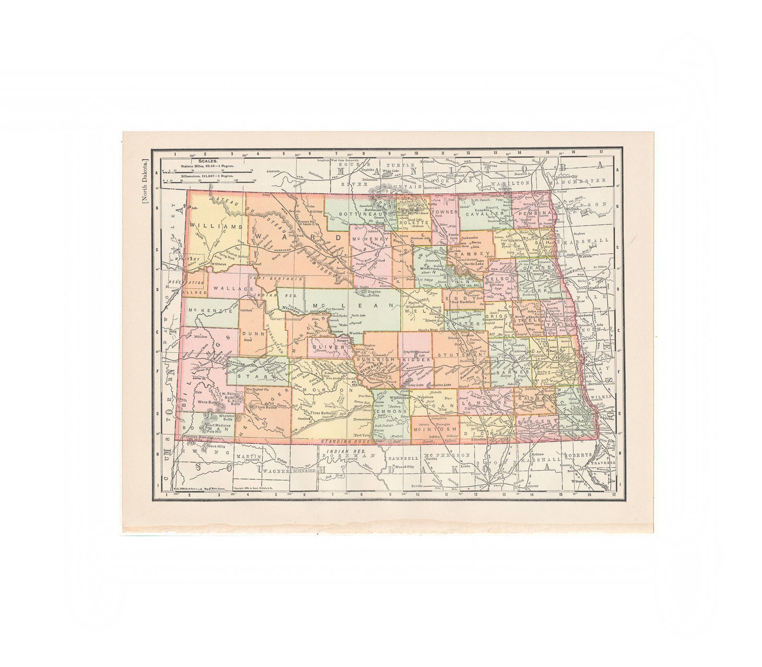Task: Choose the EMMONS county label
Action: click(390, 412)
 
